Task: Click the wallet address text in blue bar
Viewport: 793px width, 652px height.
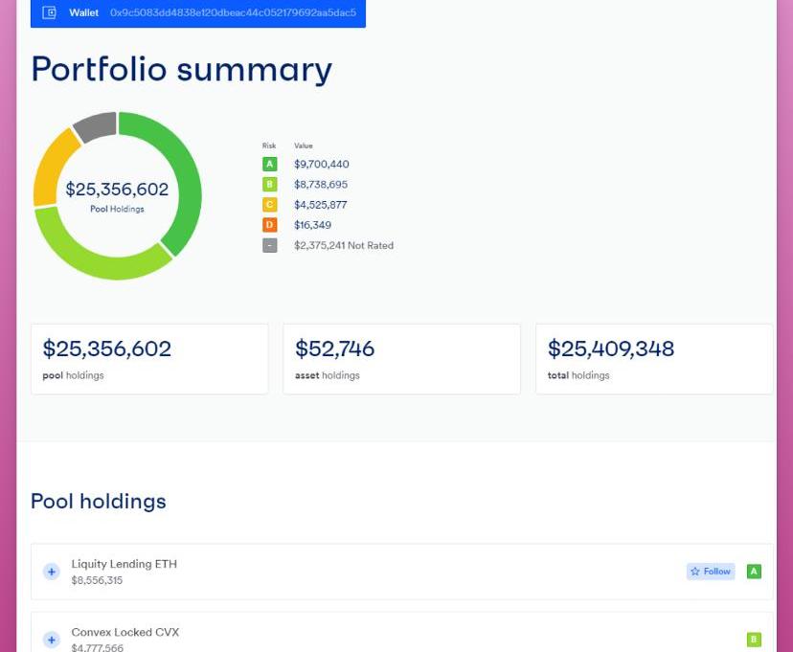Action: tap(233, 13)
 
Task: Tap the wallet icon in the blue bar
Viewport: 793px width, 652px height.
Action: tap(50, 13)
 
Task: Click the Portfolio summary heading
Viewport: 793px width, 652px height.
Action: tap(181, 69)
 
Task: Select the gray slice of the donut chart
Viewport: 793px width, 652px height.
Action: tap(95, 126)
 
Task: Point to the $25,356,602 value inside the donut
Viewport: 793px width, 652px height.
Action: tap(117, 190)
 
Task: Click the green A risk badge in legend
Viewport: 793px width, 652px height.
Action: tap(269, 165)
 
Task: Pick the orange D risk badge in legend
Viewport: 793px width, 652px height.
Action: tap(269, 225)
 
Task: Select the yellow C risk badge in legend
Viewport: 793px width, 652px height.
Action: tap(269, 205)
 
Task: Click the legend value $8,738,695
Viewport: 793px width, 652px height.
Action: tap(321, 185)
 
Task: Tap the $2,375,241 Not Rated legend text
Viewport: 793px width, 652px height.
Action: tap(343, 245)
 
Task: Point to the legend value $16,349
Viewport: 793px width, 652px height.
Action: tap(312, 225)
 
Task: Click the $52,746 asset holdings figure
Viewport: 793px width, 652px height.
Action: tap(334, 348)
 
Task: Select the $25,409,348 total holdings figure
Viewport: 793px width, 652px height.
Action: tap(610, 348)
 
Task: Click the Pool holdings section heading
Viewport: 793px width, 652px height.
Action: tap(99, 501)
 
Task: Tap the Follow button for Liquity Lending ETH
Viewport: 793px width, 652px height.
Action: tap(710, 572)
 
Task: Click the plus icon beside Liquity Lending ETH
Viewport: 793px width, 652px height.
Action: tap(52, 572)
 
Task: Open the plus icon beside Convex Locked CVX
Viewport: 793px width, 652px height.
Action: tap(52, 640)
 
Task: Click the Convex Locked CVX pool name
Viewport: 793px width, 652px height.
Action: tap(125, 632)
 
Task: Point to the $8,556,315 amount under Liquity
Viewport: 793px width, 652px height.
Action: tap(97, 580)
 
